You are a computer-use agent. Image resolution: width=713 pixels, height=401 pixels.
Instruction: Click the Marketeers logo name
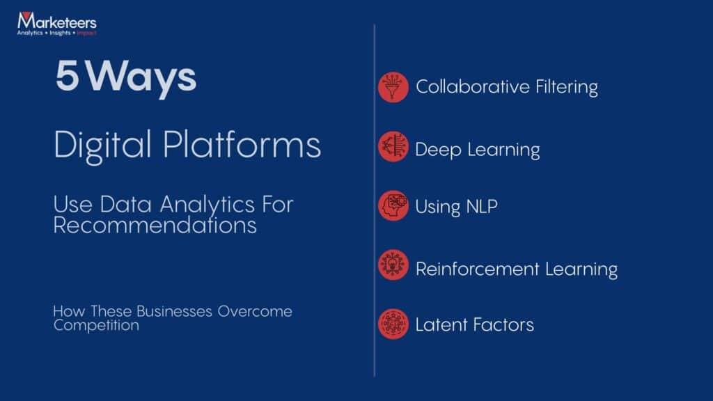[x=56, y=22]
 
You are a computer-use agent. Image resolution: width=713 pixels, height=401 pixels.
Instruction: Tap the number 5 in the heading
[x=68, y=77]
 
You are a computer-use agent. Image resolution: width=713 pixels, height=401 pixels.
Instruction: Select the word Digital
[x=102, y=146]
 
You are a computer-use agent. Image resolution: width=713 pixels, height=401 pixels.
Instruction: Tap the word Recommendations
[x=155, y=226]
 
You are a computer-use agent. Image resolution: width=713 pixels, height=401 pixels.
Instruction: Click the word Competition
[x=96, y=325]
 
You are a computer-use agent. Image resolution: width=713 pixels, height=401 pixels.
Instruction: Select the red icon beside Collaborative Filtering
[x=393, y=88]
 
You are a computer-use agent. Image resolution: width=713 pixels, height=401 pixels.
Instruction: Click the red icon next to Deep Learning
[x=393, y=147]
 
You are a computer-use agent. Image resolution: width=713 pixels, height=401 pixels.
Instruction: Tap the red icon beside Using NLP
[x=393, y=206]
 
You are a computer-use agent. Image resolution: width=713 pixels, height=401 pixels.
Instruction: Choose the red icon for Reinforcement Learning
[x=393, y=265]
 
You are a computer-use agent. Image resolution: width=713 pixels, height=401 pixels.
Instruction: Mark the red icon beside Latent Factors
[x=393, y=324]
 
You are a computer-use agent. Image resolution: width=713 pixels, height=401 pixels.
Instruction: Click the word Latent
[x=437, y=324]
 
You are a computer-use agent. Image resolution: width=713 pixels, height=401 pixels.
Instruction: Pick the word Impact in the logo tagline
[x=87, y=33]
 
